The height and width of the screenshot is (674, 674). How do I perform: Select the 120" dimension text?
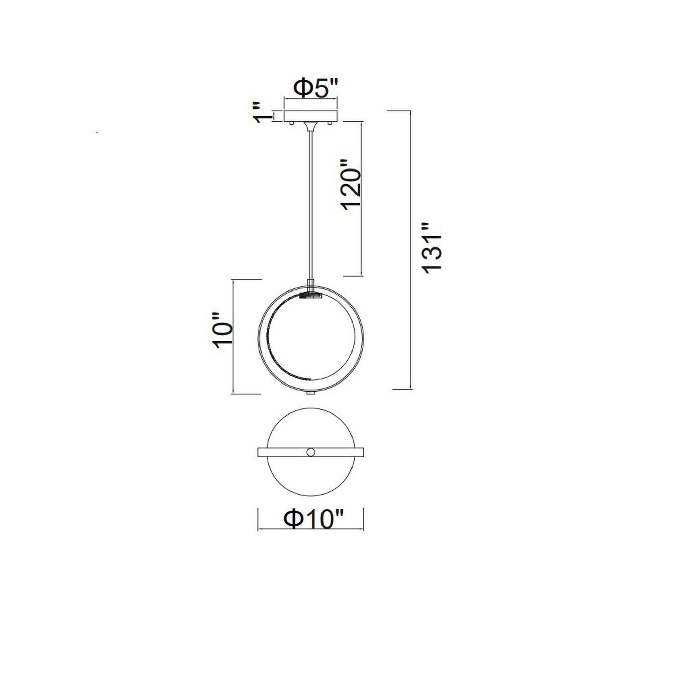point(350,189)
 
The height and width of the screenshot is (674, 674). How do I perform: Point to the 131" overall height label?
point(432,248)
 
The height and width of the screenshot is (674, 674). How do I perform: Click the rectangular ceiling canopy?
point(311,116)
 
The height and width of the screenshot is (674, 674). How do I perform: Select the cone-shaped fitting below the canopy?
point(310,126)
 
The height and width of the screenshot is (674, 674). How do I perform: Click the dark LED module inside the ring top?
point(310,296)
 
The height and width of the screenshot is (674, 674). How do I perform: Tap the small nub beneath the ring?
point(310,393)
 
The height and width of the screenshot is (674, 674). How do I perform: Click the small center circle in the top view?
point(310,453)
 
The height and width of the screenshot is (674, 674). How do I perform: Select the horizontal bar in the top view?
point(279,453)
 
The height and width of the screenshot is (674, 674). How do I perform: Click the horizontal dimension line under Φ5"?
point(311,100)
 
